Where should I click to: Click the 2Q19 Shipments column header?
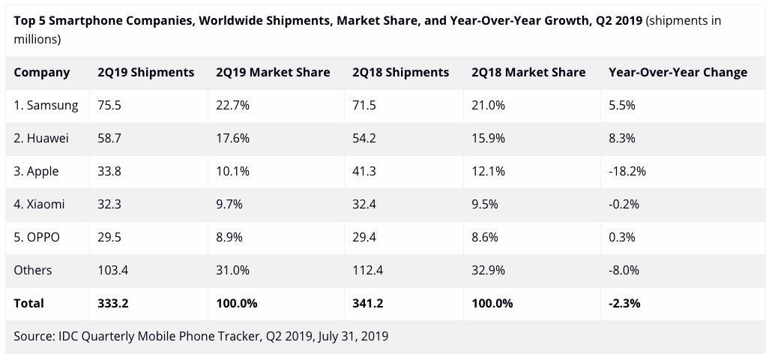coord(145,73)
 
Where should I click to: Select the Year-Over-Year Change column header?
coord(678,73)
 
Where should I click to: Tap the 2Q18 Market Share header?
coord(528,73)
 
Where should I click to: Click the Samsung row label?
coord(46,106)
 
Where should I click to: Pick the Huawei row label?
coord(41,139)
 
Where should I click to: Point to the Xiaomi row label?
coord(39,204)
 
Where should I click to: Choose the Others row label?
coord(32,270)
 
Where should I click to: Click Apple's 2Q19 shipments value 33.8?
coord(109,172)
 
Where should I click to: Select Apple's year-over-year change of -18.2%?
coord(627,172)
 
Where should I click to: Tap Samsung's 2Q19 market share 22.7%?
coord(232,106)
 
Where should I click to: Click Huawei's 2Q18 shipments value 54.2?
coord(364,139)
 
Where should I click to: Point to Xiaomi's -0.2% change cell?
coord(624,204)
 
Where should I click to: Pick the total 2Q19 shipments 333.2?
coord(113,303)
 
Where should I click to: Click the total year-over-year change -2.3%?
coord(624,303)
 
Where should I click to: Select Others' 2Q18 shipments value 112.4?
coord(367,270)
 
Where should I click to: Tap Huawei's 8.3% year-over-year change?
coord(622,139)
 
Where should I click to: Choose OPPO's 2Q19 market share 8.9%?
coord(229,237)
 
